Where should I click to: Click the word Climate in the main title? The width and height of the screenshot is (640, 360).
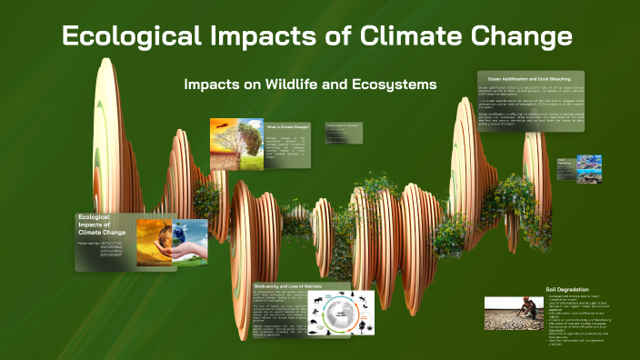coord(389,37)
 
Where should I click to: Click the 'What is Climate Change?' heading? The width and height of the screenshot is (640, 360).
coord(288,128)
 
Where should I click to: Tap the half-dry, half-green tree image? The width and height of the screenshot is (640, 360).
coord(236,145)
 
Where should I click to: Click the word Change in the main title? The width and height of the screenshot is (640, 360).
coord(516,37)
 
